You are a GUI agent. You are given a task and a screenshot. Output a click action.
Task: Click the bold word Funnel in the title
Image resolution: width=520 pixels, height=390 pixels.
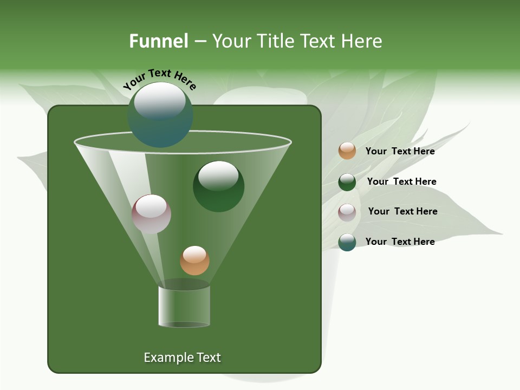click(158, 41)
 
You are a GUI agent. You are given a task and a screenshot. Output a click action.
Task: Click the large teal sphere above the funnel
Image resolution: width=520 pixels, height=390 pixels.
click(160, 115)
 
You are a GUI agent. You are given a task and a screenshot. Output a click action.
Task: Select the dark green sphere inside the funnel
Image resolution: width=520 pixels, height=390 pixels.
click(218, 186)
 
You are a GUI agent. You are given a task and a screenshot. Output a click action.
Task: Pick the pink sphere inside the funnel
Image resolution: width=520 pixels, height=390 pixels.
click(151, 214)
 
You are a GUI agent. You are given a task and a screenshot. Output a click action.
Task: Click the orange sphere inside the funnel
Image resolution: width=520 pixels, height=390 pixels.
click(194, 261)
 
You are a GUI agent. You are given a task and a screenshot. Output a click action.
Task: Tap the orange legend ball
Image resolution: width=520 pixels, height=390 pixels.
click(347, 151)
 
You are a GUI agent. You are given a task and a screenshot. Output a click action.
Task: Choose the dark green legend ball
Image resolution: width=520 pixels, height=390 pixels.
click(347, 182)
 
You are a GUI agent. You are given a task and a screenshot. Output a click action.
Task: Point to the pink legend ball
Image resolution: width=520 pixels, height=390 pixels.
click(347, 212)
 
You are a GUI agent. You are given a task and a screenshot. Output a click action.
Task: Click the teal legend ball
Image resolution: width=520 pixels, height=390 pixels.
click(347, 242)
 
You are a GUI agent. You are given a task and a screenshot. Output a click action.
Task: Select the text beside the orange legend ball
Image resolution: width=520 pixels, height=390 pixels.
click(400, 151)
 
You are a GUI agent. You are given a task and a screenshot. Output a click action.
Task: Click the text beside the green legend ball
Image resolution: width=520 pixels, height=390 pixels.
click(401, 181)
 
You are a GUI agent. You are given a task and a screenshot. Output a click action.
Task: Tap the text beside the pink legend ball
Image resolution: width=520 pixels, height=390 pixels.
click(402, 211)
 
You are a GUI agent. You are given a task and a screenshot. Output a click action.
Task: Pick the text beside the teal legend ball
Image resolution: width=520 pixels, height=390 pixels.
click(400, 242)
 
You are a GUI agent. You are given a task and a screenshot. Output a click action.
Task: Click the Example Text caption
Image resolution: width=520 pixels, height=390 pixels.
click(182, 357)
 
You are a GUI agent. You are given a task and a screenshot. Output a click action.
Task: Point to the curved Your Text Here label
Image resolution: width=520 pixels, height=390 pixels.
click(159, 79)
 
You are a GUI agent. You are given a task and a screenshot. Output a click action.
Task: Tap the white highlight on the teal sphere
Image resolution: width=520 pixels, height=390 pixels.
click(160, 101)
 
